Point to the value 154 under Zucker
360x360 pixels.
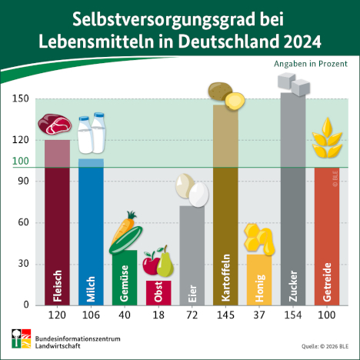pyautogui.click(x=293, y=315)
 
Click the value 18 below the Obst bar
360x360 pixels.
pyautogui.click(x=158, y=315)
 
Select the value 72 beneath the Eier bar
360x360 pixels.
pyautogui.click(x=192, y=315)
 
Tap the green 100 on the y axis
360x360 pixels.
pyautogui.click(x=20, y=162)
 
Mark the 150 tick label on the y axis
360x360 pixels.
pyautogui.click(x=20, y=99)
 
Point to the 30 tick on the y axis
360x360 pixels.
pyautogui.click(x=23, y=264)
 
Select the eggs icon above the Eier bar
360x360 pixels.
pyautogui.click(x=192, y=189)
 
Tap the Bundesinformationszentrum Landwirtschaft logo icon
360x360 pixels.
pyautogui.click(x=19, y=337)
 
